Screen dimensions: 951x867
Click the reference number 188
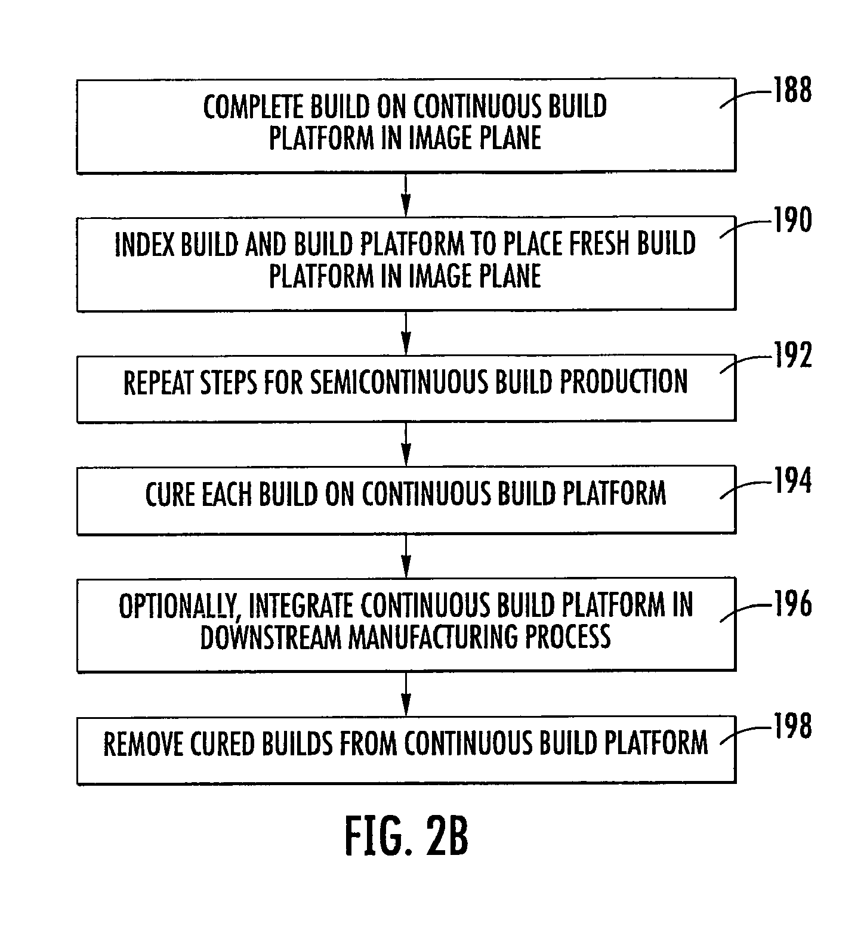click(792, 91)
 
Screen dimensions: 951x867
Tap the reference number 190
click(792, 220)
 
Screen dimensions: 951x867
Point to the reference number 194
click(792, 481)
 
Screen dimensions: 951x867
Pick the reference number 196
click(792, 604)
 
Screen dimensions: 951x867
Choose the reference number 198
click(792, 727)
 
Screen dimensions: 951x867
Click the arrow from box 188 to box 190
click(406, 194)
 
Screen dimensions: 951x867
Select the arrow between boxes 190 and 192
click(406, 333)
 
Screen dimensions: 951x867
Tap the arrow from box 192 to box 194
click(406, 444)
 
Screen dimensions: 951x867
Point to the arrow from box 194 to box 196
click(406, 556)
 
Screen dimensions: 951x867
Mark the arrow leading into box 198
click(406, 694)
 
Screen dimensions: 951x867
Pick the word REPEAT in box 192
click(159, 382)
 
